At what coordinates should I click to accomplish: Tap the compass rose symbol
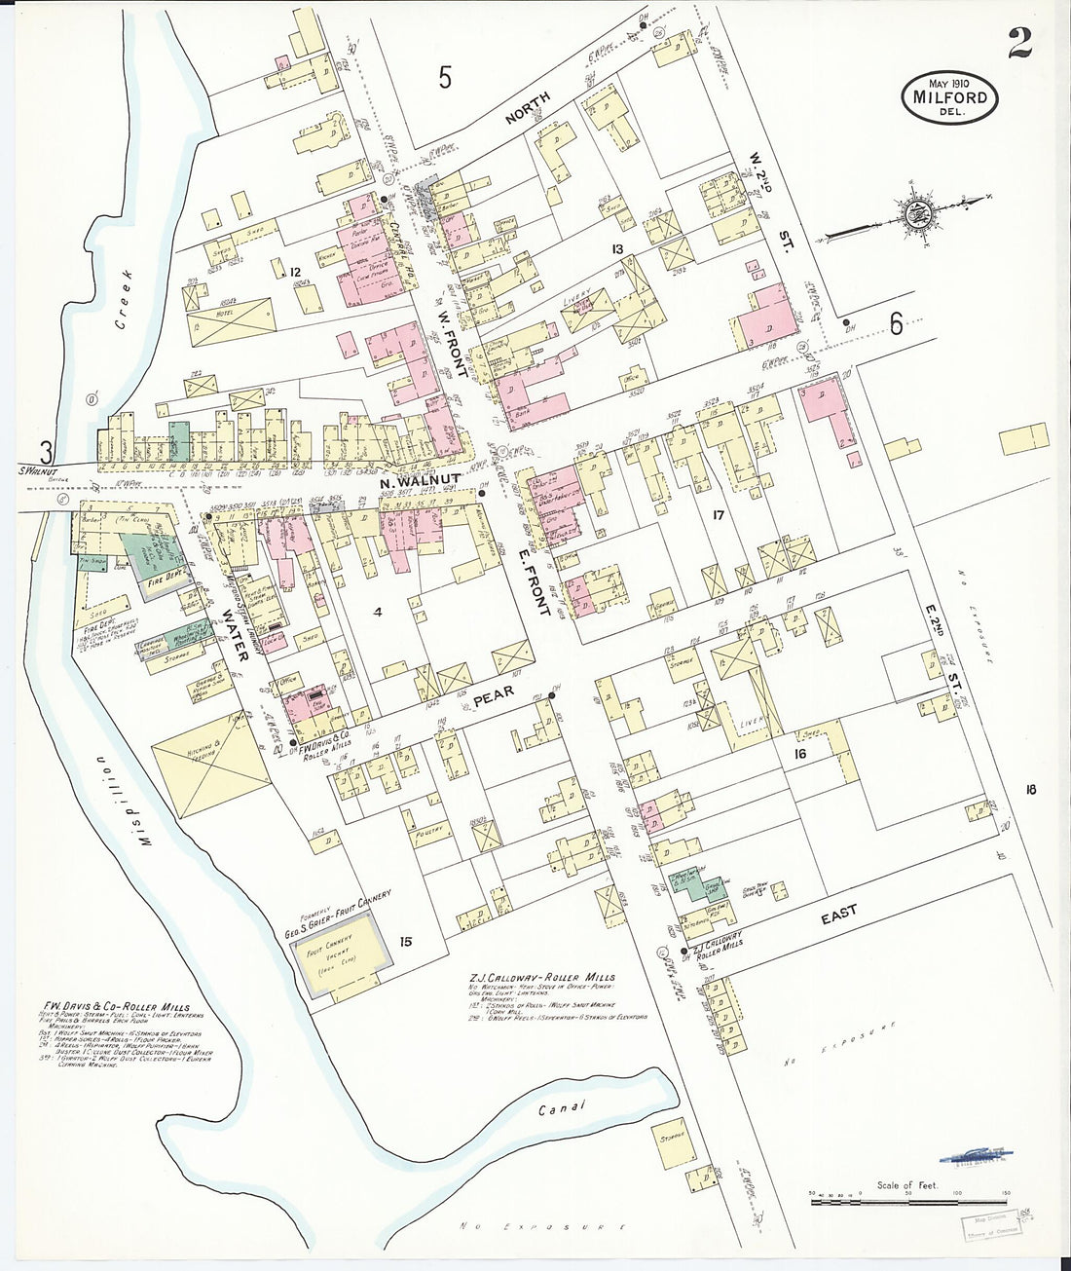[916, 214]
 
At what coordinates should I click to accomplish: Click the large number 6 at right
[896, 325]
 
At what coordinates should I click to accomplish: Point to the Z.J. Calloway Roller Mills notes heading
[541, 977]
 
